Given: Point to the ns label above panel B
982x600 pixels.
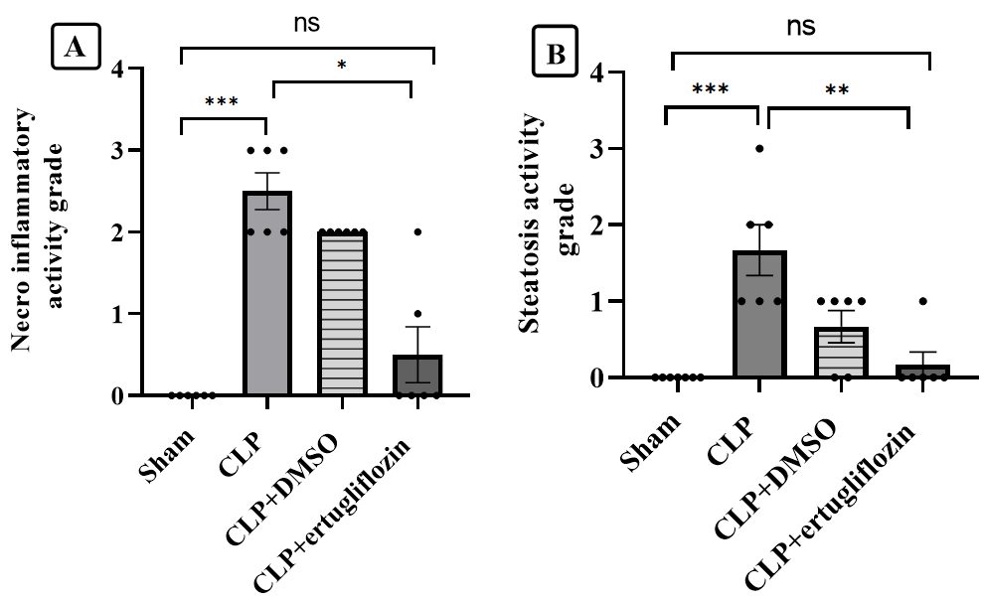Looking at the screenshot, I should [801, 27].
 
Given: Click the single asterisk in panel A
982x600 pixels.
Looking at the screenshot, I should [342, 67].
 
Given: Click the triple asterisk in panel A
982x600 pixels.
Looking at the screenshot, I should [223, 102].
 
